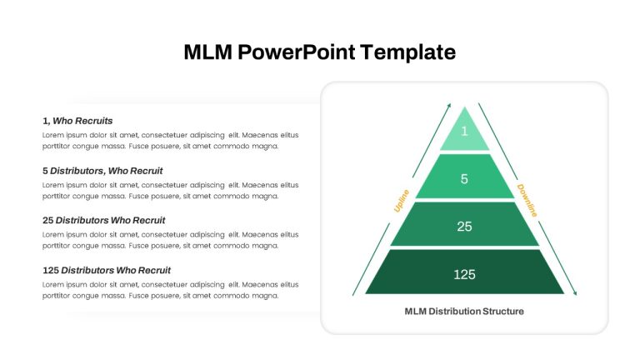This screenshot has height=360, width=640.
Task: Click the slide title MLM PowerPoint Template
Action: pos(320,52)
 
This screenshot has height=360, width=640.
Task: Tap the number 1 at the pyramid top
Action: pos(464,131)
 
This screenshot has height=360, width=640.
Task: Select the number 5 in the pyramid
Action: pos(464,179)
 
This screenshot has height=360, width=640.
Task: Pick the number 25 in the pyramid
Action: pos(464,227)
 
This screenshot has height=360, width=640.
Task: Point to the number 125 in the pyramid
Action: pos(464,274)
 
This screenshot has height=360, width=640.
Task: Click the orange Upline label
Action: pos(401,201)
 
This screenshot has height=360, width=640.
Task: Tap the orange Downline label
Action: pos(527,200)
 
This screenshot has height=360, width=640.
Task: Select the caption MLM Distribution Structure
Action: pos(464,312)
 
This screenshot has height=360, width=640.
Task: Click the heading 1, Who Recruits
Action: pos(77,121)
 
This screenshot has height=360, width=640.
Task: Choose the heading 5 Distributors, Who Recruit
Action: pos(102,171)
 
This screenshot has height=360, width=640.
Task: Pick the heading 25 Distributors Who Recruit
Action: pos(103,220)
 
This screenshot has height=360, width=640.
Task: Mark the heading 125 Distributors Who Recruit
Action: pos(107,270)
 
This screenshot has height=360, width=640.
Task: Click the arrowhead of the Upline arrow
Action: pos(449,105)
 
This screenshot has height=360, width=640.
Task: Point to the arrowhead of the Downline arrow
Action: pos(575,292)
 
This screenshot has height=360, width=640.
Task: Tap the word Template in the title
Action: pos(407,52)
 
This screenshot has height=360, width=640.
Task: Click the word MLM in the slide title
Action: pos(207,52)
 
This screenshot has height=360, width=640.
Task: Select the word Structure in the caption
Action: pos(503,312)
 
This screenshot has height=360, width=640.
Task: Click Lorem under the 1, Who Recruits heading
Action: pos(53,135)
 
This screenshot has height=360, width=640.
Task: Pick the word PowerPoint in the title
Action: pos(297,52)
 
